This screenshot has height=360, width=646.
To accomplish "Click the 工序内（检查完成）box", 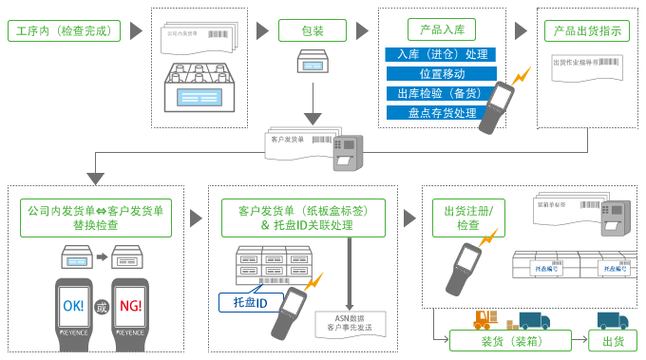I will [65, 31].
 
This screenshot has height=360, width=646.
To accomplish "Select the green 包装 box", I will [313, 30].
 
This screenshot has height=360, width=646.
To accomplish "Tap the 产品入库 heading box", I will [441, 29].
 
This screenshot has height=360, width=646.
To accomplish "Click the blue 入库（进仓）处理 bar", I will [441, 53].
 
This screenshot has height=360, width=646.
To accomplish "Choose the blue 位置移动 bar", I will [441, 73].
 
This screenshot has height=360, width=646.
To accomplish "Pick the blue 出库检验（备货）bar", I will [441, 93].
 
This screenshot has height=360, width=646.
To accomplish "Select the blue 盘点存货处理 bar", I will [441, 113].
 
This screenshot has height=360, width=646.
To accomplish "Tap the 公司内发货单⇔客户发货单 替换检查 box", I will [95, 218].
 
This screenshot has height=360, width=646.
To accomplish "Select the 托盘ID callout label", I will [251, 302].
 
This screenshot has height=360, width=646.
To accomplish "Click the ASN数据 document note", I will [350, 323].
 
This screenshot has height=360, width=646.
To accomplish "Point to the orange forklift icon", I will [486, 320].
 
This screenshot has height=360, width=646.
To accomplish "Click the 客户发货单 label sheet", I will [294, 141].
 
